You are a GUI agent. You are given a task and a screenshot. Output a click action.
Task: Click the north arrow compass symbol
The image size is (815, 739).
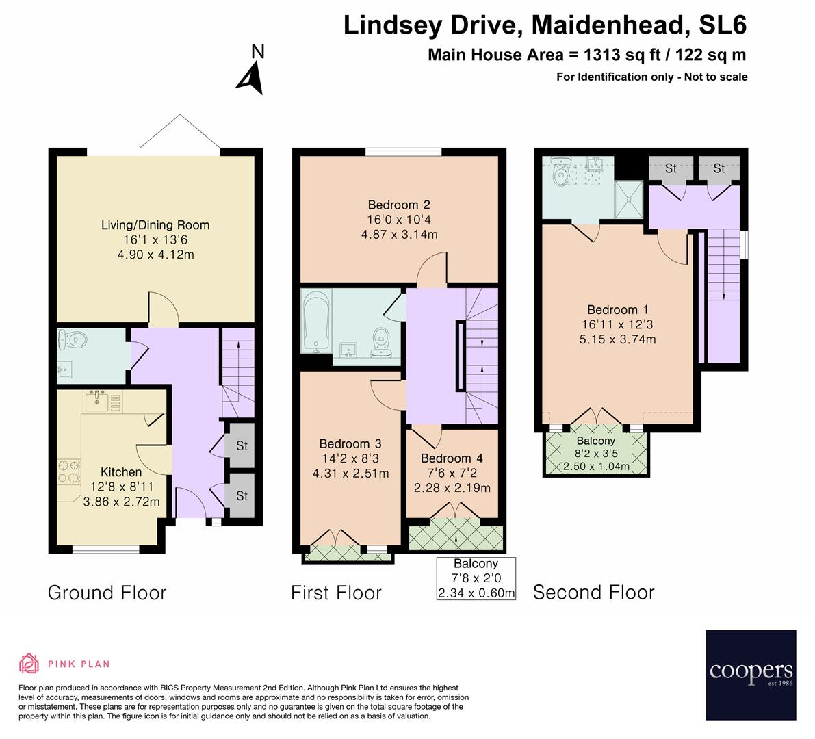[251, 71]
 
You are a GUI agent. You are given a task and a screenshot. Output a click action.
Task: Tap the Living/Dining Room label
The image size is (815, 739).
[155, 225]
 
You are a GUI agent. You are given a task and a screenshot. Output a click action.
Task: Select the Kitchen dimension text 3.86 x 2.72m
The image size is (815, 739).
[121, 502]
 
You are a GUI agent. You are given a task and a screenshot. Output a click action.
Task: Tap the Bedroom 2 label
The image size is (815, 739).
[399, 205]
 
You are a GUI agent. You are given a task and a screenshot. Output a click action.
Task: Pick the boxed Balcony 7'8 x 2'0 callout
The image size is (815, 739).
[476, 578]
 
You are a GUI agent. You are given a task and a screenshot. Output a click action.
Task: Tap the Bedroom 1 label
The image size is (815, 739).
[612, 309]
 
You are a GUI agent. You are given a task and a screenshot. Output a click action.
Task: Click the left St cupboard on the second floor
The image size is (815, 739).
[671, 168]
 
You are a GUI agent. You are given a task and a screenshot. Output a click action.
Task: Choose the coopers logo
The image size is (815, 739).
[751, 675]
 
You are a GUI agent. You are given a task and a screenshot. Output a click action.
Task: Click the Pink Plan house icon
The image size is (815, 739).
[29, 663]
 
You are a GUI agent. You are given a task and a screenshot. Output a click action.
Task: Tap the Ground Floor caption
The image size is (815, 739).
[107, 592]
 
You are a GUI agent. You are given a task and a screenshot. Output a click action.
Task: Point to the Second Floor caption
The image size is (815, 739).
[593, 592]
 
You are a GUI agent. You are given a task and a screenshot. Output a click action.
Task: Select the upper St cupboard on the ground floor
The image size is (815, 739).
[242, 445]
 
